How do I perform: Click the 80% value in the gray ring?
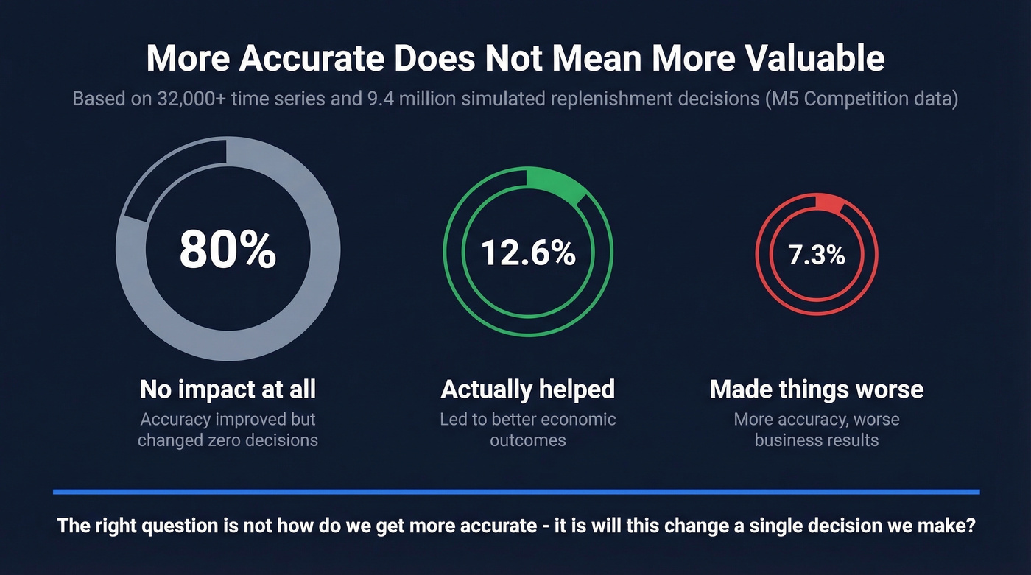(x=228, y=250)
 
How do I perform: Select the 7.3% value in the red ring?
(x=817, y=255)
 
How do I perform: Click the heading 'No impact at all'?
(x=228, y=389)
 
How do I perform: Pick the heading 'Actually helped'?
(x=528, y=389)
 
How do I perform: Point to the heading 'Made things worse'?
(x=817, y=389)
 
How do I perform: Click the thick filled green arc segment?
(x=558, y=184)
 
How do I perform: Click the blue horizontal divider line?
(x=515, y=491)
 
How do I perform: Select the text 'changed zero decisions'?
(x=228, y=441)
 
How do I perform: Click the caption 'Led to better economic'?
(x=528, y=420)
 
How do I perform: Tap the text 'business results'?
(x=817, y=441)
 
